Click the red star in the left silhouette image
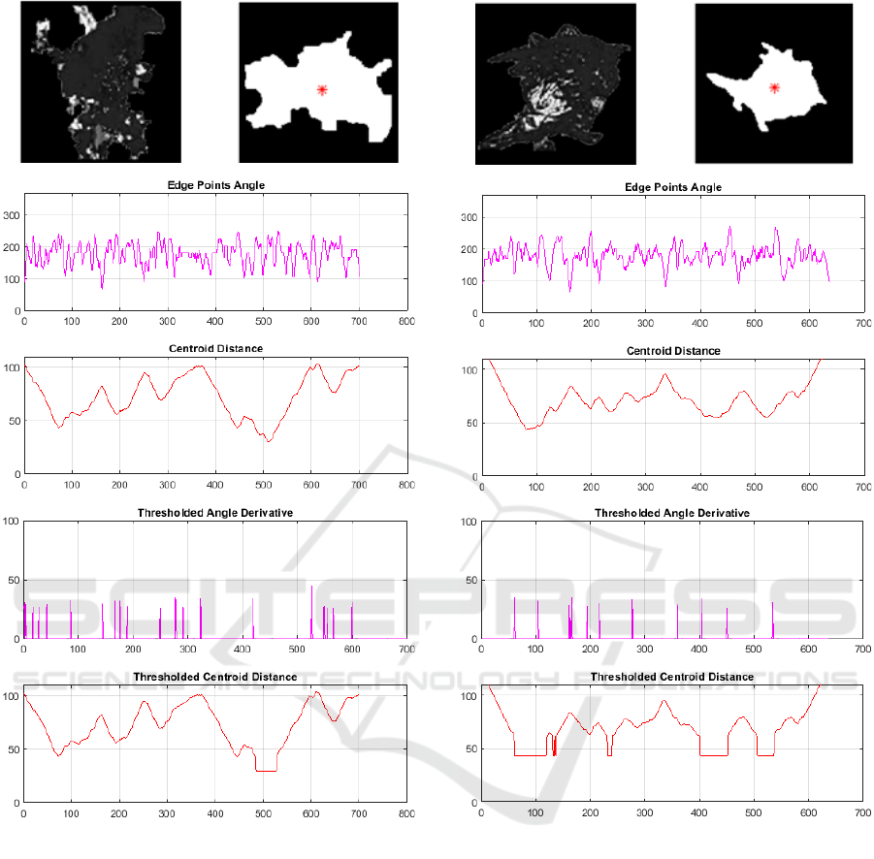pos(322,90)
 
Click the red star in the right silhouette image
pos(774,88)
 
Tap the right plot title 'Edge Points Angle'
pos(674,187)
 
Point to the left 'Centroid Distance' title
pos(215,349)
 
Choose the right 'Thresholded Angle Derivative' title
pos(672,513)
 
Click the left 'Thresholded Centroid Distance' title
pos(215,677)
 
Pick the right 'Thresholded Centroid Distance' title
pos(672,677)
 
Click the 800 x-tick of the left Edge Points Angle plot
pos(405,321)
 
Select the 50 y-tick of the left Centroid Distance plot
pos(13,421)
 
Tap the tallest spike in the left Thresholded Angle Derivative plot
pos(311,588)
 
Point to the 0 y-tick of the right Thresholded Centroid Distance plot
pos(474,804)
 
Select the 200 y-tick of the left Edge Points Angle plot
pos(11,248)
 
